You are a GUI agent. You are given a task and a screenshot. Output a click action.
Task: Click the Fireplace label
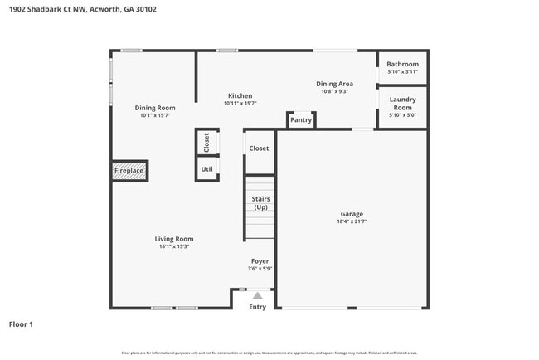[129, 171]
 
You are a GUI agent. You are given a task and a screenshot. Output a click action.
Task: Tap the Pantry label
[301, 120]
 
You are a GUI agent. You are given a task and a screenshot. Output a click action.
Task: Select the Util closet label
[207, 169]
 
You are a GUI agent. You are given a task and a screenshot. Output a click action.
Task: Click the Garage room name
[352, 213]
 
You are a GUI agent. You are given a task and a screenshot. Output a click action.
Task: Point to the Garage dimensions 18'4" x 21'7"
[352, 221]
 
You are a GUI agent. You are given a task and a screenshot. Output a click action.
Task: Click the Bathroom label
[403, 64]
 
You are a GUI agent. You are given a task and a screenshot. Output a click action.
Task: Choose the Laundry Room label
[403, 104]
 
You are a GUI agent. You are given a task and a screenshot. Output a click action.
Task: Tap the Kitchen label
[240, 95]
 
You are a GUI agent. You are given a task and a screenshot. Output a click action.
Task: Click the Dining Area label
[335, 84]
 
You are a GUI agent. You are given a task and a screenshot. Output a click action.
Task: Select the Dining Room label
[155, 108]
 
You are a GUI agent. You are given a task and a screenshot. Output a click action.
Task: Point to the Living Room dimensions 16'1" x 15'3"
[174, 246]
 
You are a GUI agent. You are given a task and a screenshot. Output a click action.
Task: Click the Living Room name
[174, 239]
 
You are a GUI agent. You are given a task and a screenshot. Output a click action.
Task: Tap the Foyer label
[260, 261]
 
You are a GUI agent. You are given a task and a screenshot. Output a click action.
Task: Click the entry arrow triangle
[258, 294]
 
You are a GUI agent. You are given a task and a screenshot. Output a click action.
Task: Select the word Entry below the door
[258, 307]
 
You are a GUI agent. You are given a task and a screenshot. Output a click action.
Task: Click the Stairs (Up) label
[260, 203]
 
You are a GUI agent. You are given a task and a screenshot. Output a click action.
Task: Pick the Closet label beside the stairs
[259, 148]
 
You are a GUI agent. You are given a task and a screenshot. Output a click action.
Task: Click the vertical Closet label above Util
[206, 142]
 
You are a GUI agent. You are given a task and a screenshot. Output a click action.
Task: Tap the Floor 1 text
[21, 324]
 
